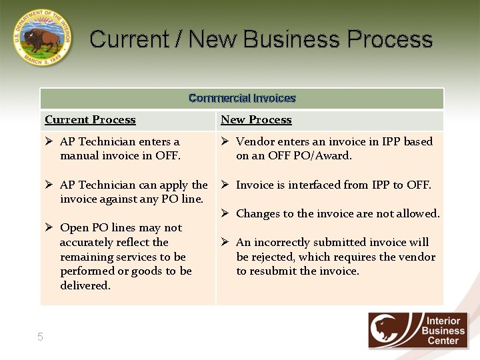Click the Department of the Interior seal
point(41,37)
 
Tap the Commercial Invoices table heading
point(242,98)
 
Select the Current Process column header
point(90,120)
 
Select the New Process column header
point(256,120)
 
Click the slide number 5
point(40,337)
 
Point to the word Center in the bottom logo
point(443,341)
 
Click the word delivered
point(85,285)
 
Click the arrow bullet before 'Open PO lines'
point(49,228)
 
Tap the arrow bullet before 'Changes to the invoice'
point(225,213)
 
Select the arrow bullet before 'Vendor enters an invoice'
point(225,141)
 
